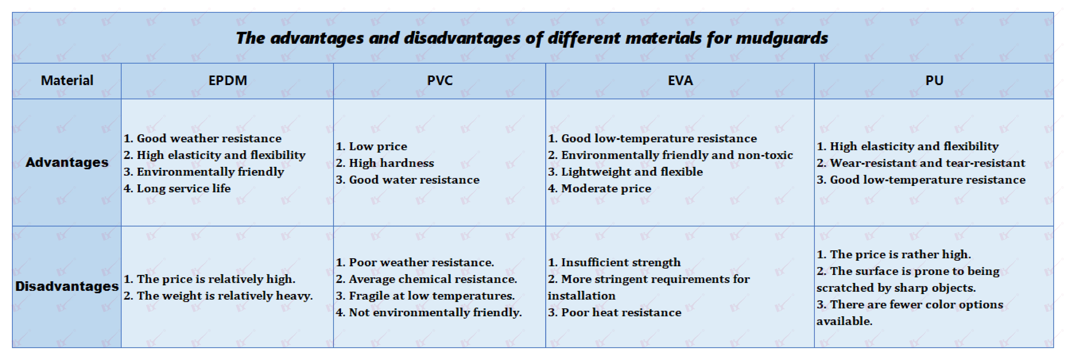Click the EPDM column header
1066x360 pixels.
[228, 80]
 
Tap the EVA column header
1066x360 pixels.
[680, 80]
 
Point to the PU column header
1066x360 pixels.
[934, 80]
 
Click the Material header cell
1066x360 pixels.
[67, 80]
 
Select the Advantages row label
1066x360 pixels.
[67, 162]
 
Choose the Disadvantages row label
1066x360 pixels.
[67, 286]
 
